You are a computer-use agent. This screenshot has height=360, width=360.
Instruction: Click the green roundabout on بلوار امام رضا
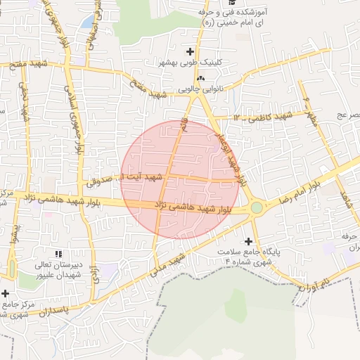[x=257, y=207]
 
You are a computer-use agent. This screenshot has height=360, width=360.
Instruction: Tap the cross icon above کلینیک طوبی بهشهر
[x=190, y=51]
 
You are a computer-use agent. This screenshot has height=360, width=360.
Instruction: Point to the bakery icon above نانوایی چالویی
[x=201, y=77]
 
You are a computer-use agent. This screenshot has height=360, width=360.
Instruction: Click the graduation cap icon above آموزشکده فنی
[x=232, y=3]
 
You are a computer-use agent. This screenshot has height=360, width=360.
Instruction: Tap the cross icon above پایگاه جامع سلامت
[x=248, y=241]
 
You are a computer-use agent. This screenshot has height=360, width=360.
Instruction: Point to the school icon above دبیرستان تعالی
[x=58, y=253]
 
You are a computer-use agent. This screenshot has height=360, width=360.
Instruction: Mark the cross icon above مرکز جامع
[x=6, y=293]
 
